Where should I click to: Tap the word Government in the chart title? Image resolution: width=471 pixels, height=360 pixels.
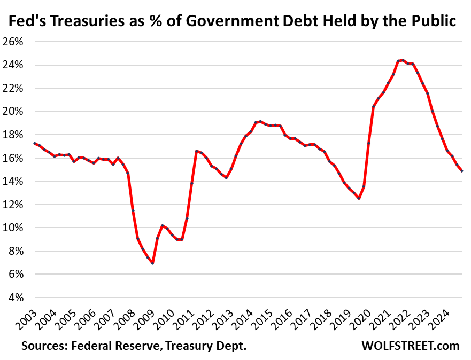(x=228, y=21)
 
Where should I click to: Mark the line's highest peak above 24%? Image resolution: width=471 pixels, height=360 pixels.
(x=403, y=60)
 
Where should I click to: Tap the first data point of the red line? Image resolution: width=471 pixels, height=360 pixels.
(x=35, y=143)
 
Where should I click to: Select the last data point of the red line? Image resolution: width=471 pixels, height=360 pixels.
(x=462, y=171)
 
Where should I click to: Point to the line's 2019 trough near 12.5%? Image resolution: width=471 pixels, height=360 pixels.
(x=359, y=198)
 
